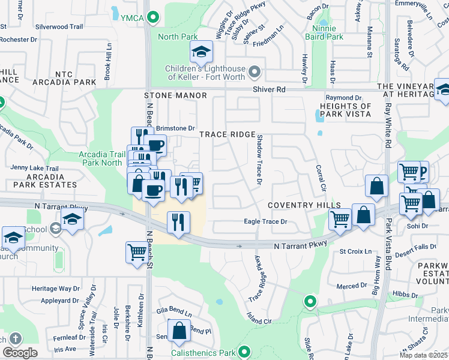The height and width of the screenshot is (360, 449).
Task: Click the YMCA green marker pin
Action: (x=154, y=17)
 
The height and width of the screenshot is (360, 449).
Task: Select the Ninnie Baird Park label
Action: (x=327, y=32)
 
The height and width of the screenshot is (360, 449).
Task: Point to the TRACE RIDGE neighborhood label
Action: (x=228, y=134)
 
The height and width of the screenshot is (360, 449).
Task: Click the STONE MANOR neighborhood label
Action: (x=175, y=95)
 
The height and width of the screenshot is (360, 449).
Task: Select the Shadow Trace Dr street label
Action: (x=260, y=159)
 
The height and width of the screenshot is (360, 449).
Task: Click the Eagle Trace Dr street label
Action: (x=266, y=221)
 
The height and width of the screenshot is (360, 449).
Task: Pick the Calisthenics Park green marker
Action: (x=244, y=352)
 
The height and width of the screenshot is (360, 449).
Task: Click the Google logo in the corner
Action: (x=20, y=353)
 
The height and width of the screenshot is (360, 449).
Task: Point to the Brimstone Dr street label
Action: (x=175, y=128)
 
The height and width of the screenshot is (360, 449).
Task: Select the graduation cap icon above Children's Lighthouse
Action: (x=202, y=52)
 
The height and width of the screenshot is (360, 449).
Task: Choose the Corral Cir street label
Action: (x=322, y=178)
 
